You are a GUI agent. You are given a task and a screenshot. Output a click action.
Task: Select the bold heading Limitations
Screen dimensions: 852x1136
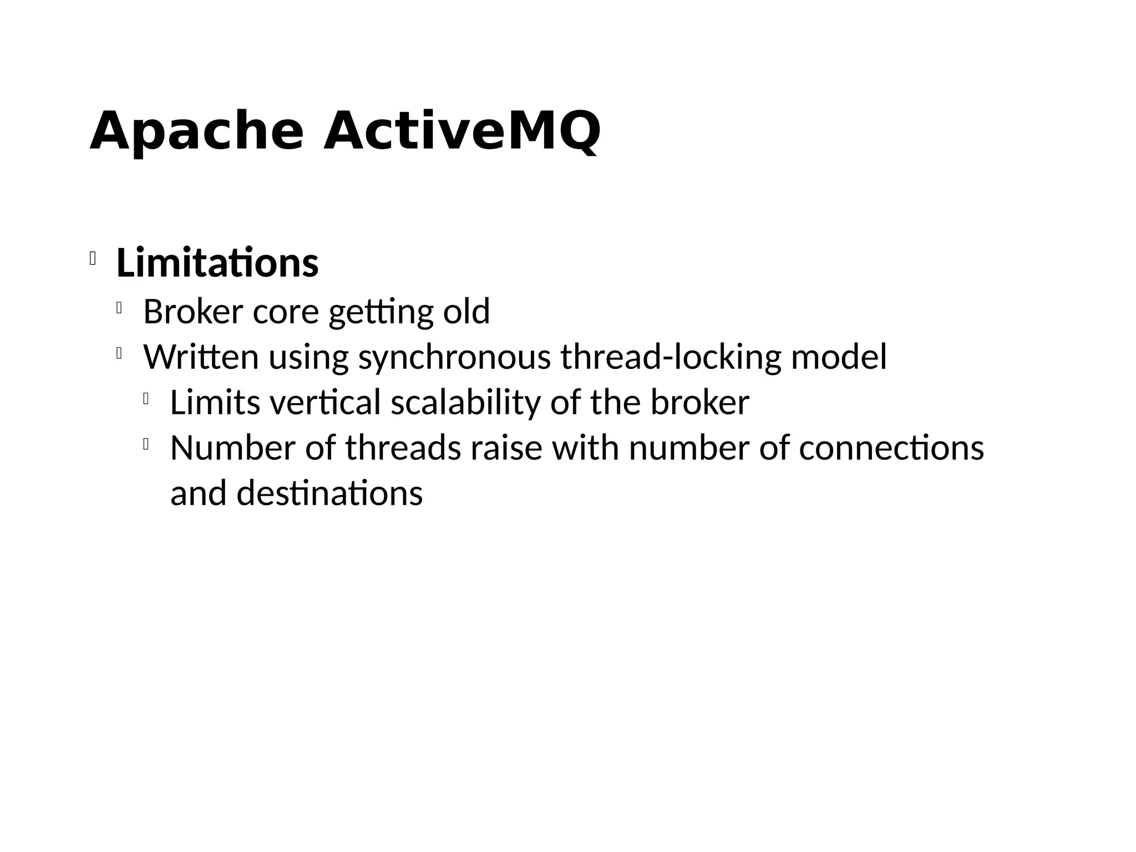(217, 263)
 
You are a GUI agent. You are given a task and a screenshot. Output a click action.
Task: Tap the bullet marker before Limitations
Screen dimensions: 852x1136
(93, 258)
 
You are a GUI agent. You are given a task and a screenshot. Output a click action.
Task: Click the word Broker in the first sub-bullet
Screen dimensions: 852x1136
(193, 311)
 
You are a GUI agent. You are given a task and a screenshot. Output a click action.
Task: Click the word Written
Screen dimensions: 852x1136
(201, 357)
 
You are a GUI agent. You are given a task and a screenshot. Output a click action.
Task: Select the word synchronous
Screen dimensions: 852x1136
(454, 357)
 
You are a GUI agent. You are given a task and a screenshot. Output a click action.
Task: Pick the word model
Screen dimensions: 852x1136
(839, 357)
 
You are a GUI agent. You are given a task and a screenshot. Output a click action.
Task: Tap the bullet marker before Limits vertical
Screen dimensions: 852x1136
(146, 399)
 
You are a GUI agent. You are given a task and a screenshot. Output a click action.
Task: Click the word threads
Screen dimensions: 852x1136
(403, 448)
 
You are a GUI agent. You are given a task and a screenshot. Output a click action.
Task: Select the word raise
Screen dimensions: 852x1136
(506, 448)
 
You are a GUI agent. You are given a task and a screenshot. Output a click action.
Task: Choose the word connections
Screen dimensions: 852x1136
(891, 448)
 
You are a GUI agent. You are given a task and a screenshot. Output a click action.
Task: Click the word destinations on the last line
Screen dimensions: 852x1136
(329, 493)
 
